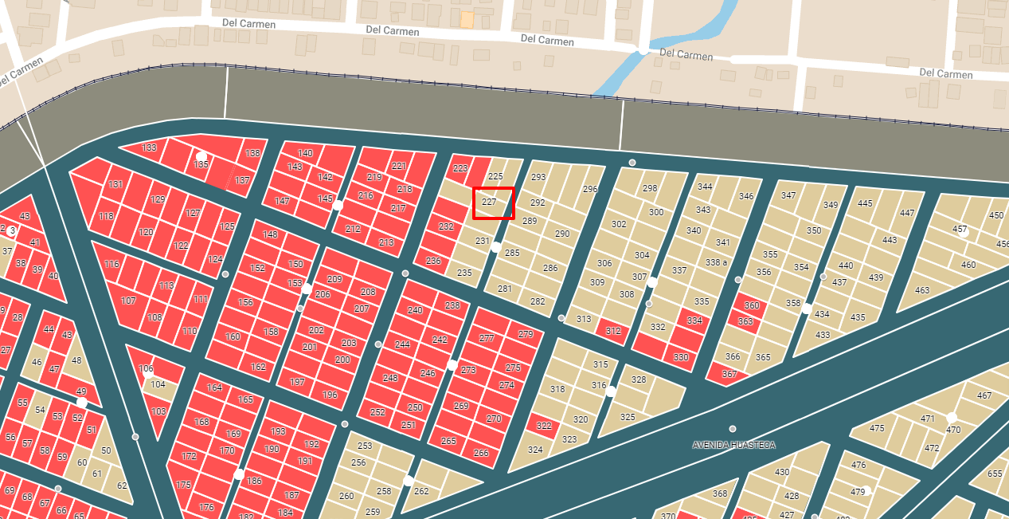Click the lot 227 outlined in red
click(494, 202)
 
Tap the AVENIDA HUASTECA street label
click(733, 445)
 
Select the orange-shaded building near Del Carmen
click(467, 19)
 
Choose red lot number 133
click(149, 148)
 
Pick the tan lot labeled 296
click(590, 190)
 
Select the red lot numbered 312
click(612, 331)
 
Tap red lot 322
click(544, 426)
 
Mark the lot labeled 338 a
click(716, 262)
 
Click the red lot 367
click(729, 374)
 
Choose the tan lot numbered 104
click(158, 384)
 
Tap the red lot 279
click(526, 334)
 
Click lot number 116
click(111, 264)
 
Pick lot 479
click(858, 492)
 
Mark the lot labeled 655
click(995, 474)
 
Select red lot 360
click(751, 306)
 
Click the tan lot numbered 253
click(365, 446)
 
